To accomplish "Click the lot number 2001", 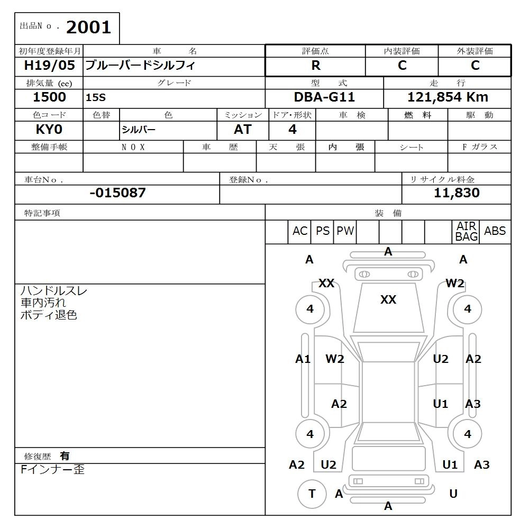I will [x=88, y=27].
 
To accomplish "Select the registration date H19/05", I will [x=49, y=66].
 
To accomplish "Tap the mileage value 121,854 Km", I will [x=448, y=97].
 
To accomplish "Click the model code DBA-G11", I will [x=324, y=97].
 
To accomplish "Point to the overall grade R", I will [x=316, y=66].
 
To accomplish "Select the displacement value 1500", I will [x=49, y=97].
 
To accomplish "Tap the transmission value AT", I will [x=242, y=130].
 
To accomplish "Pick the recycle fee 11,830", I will [x=457, y=193].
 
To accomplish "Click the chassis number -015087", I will [x=117, y=193].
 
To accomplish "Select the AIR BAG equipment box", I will [x=466, y=232].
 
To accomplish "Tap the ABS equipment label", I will [x=495, y=231].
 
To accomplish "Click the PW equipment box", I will [x=345, y=231].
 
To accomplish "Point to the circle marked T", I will [x=312, y=494].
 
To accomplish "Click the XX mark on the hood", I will [x=388, y=300].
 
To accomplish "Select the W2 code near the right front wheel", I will [x=454, y=283].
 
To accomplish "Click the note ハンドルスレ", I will [x=54, y=291].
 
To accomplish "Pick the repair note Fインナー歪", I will [x=52, y=469].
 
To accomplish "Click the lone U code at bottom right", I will [x=453, y=494].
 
